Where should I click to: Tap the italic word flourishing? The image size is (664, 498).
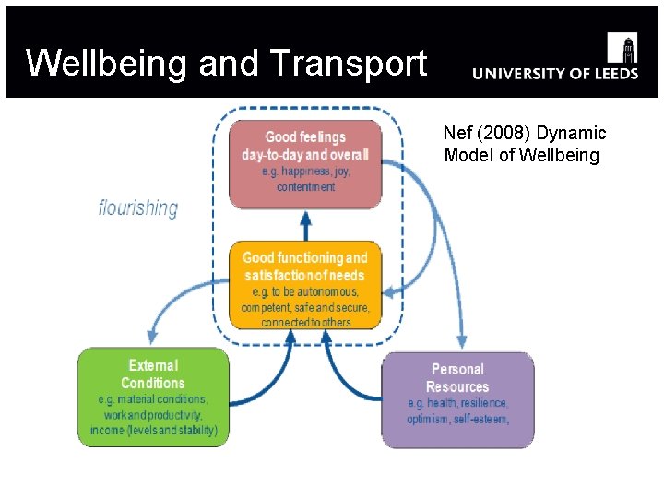(138, 207)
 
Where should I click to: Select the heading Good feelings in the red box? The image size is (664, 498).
(305, 137)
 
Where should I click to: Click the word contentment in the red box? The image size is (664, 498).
(305, 187)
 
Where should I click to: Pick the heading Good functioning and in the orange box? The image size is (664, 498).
(304, 258)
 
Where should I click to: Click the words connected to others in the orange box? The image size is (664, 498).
(305, 323)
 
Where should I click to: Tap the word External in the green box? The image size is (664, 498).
(153, 366)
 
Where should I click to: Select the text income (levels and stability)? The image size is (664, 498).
(154, 431)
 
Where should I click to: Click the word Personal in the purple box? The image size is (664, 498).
(457, 370)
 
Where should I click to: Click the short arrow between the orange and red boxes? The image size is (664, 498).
(305, 225)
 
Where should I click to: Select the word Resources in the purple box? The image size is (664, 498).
(457, 387)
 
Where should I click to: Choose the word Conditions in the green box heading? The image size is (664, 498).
(153, 383)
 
